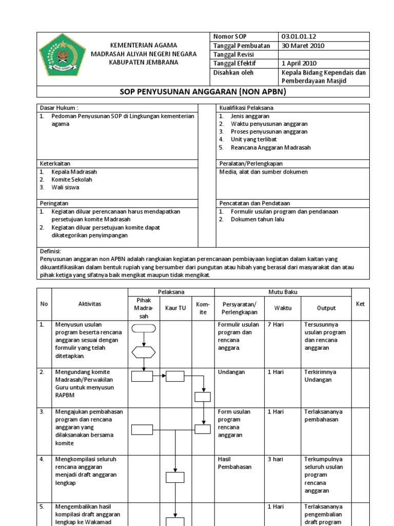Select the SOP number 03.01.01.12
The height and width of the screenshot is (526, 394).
[x=299, y=37]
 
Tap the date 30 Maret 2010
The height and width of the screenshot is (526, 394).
[x=303, y=46]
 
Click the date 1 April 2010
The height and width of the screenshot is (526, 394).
[x=299, y=63]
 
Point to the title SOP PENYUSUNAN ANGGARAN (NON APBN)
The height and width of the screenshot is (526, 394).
[x=203, y=92]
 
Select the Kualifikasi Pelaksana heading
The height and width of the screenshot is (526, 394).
[x=246, y=108]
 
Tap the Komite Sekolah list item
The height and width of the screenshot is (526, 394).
[x=72, y=180]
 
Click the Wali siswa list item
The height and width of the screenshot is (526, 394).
[x=65, y=187]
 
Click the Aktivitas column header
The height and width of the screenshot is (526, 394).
[x=89, y=304]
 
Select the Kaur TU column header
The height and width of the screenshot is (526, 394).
[x=175, y=308]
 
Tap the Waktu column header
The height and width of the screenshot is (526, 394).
[x=282, y=308]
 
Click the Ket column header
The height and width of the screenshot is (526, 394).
[x=360, y=304]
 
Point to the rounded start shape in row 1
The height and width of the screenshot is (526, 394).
[x=143, y=329]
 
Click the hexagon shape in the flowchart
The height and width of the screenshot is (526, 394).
[x=143, y=352]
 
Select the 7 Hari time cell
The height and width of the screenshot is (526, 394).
[x=276, y=325]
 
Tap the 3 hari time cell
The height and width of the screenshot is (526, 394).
[x=275, y=459]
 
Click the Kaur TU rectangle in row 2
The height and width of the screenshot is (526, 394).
[x=175, y=377]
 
